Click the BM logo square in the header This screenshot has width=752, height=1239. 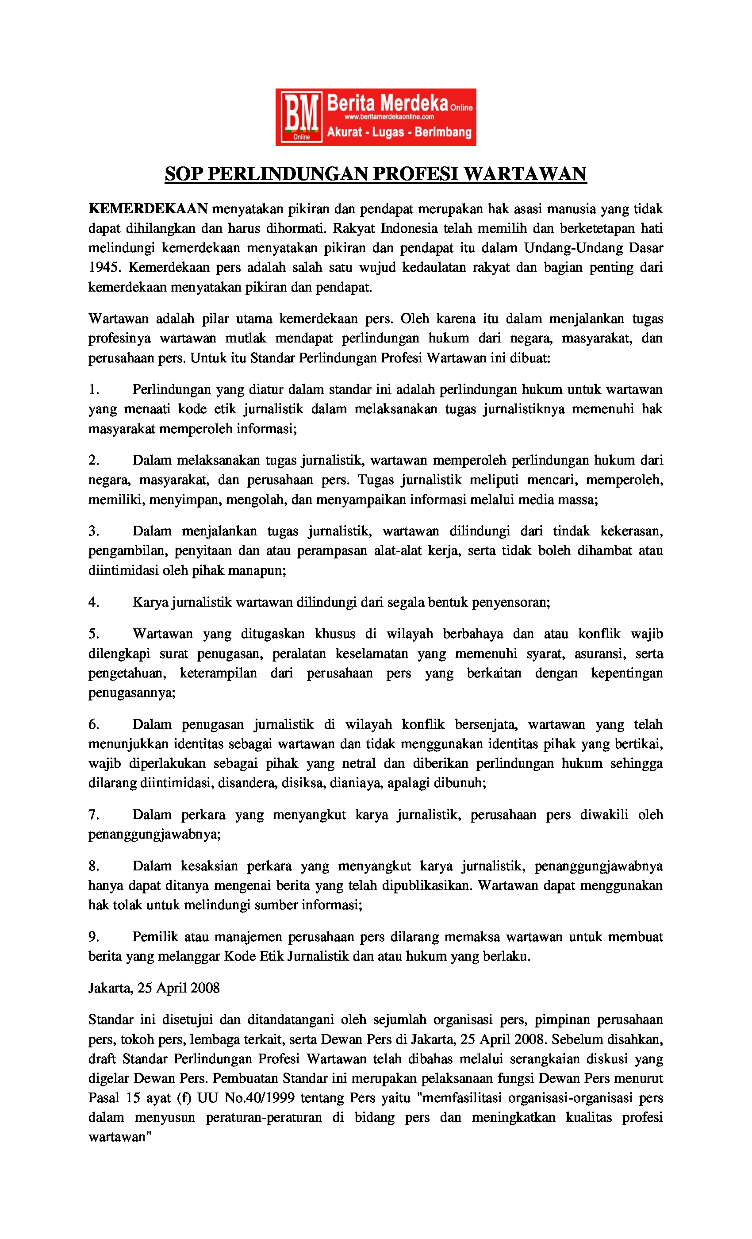click(x=301, y=117)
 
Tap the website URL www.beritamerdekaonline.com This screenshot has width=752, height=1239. click(x=389, y=117)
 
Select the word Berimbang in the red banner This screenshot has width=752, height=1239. click(x=443, y=132)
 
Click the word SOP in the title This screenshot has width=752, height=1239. click(x=184, y=174)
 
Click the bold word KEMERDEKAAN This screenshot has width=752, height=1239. click(x=148, y=209)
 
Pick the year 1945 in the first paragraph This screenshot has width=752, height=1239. click(x=104, y=268)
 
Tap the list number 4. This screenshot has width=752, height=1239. click(x=93, y=602)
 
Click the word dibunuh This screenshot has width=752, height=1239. click(x=461, y=783)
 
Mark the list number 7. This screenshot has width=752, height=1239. click(x=93, y=815)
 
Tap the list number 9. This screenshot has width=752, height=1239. click(x=93, y=937)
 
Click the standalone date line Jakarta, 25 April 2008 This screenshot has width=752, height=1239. click(x=154, y=988)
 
